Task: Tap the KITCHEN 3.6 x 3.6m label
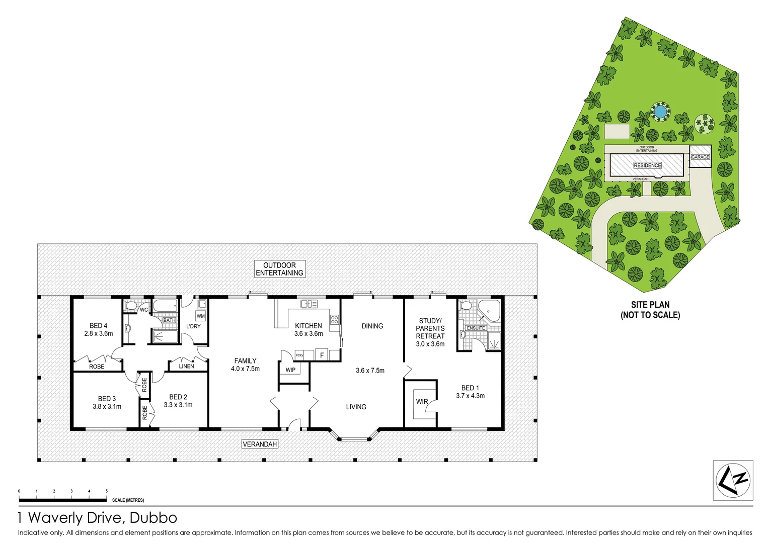coord(309,329)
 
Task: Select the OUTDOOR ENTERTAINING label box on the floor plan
coord(279,269)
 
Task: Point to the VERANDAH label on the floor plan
coord(260,444)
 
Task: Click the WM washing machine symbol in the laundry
coord(201,316)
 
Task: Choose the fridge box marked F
coord(322,355)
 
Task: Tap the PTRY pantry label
coord(299,355)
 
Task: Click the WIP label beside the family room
coord(290,370)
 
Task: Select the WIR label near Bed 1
coord(422,402)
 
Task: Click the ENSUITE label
coord(476,328)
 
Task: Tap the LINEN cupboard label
coord(186,366)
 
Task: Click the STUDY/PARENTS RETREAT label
coord(430,332)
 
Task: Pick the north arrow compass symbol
coord(733,480)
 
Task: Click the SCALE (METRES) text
coord(128,500)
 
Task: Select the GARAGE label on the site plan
coord(700,157)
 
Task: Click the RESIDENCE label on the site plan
coord(647,165)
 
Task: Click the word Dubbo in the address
coord(153,518)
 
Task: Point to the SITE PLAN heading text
coord(650,305)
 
